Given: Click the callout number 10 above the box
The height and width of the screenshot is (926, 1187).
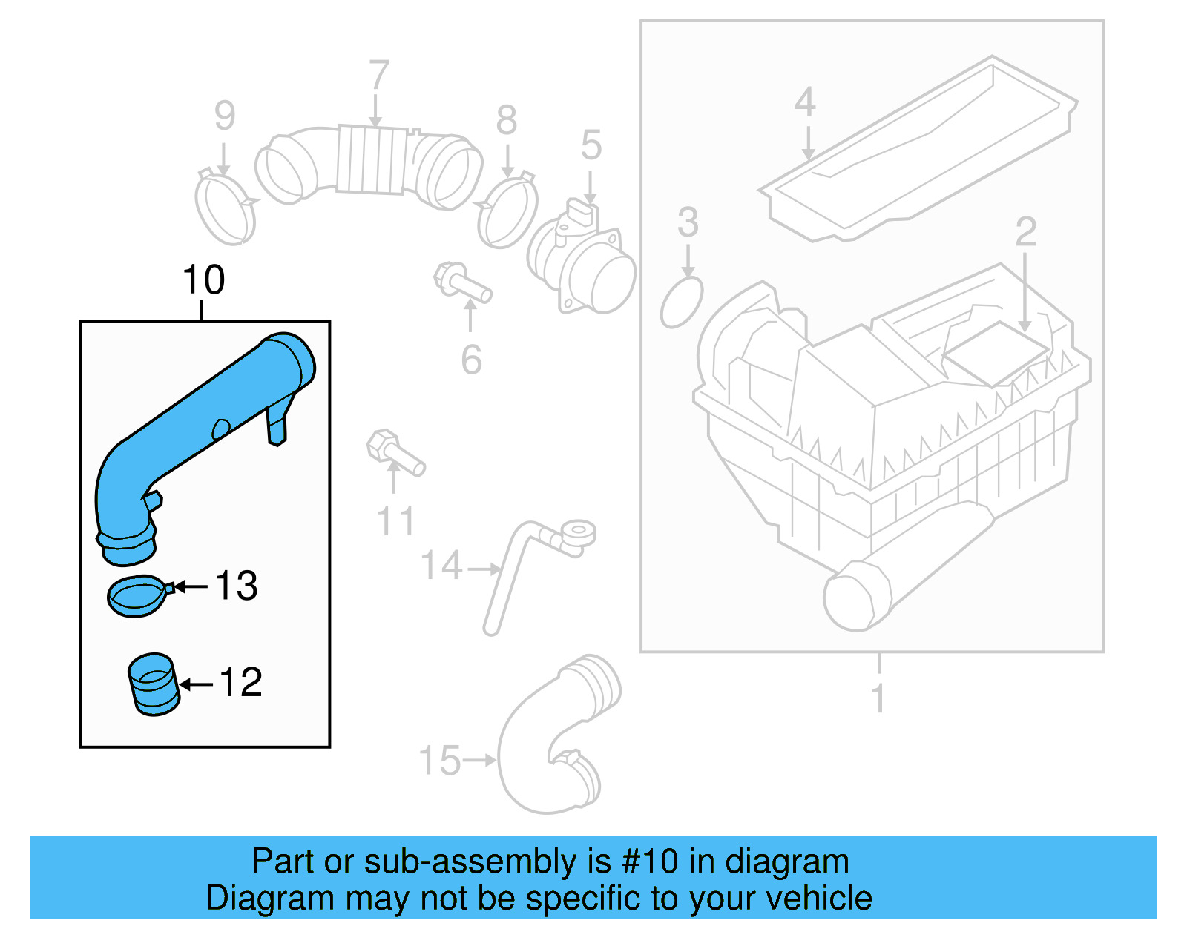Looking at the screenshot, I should (203, 280).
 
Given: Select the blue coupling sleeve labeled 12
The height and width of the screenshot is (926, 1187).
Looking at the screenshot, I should (154, 684).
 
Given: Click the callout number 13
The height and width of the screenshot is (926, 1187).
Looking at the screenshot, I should (236, 586).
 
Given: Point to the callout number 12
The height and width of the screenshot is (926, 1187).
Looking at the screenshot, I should (240, 683).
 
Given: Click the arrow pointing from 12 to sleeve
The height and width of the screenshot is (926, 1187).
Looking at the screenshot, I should (197, 684).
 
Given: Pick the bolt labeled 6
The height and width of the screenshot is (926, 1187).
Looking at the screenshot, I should (462, 283).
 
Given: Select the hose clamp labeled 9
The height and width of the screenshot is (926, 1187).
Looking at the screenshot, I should (225, 207).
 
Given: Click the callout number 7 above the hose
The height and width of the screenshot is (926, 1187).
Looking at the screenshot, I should (378, 76).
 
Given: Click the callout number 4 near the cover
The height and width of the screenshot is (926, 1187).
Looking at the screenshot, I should (805, 102).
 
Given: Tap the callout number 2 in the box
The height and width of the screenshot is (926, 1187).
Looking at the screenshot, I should (1025, 232).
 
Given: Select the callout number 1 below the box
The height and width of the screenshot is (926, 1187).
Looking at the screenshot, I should (878, 698).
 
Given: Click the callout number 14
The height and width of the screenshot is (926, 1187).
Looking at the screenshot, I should (441, 566).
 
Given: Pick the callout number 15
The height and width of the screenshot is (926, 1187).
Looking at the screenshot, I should (439, 761).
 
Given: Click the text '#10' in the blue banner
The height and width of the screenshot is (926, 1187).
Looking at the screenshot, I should (650, 861).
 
